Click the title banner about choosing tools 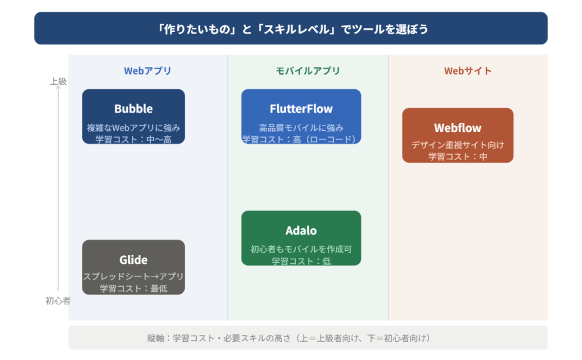(290, 28)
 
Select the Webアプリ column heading (147, 71)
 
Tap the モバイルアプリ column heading (307, 71)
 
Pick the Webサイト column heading (468, 71)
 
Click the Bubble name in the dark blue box (134, 109)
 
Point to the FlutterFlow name (301, 109)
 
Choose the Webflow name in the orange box (458, 128)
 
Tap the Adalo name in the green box (301, 231)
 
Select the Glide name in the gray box (134, 260)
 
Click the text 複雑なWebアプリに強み (134, 128)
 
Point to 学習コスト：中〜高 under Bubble (134, 139)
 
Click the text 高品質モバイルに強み (301, 128)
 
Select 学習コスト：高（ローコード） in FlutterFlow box (301, 139)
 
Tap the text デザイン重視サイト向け (458, 145)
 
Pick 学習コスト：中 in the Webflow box (458, 156)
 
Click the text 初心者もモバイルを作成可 (301, 249)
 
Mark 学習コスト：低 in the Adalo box (301, 261)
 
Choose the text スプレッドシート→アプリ (134, 277)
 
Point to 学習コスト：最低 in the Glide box (134, 288)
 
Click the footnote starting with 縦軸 (289, 338)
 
